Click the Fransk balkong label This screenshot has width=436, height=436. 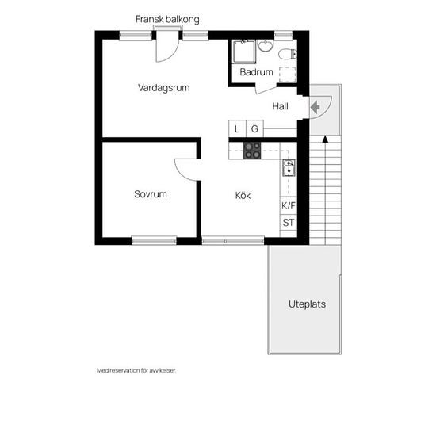click(x=167, y=19)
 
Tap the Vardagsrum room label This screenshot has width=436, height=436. click(x=164, y=88)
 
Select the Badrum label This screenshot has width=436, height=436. click(x=256, y=72)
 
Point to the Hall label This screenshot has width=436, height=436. click(x=280, y=106)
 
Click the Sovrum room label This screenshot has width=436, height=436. click(x=151, y=194)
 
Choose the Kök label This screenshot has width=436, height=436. click(x=243, y=195)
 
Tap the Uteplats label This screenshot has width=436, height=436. click(x=307, y=304)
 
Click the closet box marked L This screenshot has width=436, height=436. click(x=237, y=128)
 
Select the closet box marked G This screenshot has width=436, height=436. click(x=254, y=128)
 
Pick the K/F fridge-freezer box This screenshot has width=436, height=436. click(x=289, y=206)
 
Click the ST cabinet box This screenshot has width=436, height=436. click(x=289, y=223)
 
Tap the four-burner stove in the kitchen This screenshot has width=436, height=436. click(x=252, y=151)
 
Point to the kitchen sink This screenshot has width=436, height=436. click(x=289, y=168)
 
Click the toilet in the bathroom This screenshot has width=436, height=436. click(x=288, y=54)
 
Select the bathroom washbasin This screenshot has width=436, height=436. click(x=266, y=46)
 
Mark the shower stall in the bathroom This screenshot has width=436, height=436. click(x=244, y=52)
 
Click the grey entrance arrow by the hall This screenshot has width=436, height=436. click(x=315, y=107)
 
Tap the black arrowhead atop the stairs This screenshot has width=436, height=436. click(x=325, y=139)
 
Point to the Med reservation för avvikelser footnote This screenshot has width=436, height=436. click(x=136, y=371)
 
